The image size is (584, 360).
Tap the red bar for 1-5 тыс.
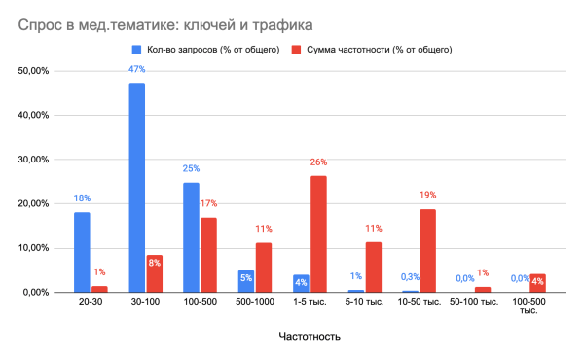pyautogui.click(x=318, y=234)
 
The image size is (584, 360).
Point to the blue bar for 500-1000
pyautogui.click(x=246, y=281)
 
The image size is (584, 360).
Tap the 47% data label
pyautogui.click(x=137, y=69)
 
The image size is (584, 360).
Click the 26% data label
pyautogui.click(x=318, y=162)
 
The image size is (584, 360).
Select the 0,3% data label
pyautogui.click(x=411, y=277)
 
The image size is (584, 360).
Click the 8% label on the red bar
pyautogui.click(x=154, y=261)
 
